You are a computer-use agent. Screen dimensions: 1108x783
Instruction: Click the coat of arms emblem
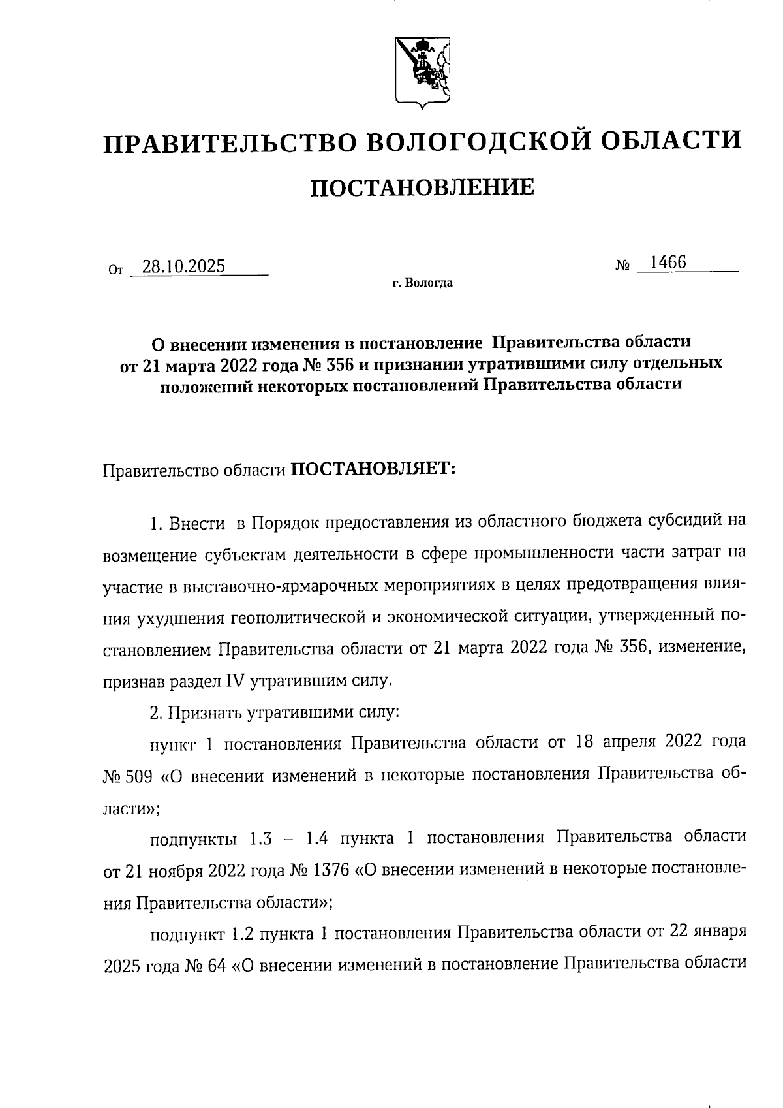pos(423,72)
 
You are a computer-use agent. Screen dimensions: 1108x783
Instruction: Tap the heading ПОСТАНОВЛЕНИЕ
pos(421,188)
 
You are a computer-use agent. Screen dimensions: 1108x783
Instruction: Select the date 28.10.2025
pos(183,266)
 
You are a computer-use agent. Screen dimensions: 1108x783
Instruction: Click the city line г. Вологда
pos(422,283)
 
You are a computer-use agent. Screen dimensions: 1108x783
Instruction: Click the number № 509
pos(128,776)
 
